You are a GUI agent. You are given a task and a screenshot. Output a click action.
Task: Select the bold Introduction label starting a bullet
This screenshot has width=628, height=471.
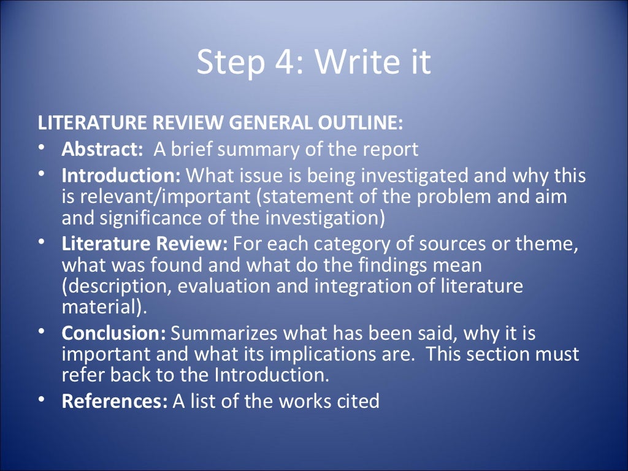pos(121,177)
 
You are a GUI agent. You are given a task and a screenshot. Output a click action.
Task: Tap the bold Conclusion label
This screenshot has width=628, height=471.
pos(114,334)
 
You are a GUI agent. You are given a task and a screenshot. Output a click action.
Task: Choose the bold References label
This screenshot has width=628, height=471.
pos(115,402)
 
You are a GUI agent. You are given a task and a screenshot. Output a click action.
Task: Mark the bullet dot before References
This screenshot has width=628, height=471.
pos(40,400)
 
